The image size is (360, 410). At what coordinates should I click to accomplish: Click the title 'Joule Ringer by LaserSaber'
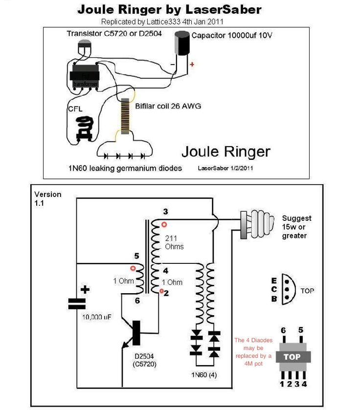pos(169,9)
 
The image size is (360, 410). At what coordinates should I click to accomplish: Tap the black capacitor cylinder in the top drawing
pos(183,43)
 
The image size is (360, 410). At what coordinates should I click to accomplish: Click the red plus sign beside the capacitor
pos(192,64)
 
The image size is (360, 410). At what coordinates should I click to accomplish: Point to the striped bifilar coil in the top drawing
pos(125,116)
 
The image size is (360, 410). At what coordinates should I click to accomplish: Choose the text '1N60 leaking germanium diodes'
pos(125,168)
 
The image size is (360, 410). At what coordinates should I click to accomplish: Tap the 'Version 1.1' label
pos(47,198)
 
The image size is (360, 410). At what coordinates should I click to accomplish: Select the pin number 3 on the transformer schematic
pos(165,212)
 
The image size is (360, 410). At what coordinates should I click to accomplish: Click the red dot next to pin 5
pos(133,268)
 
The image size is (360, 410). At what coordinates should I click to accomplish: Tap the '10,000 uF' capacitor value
pos(96,317)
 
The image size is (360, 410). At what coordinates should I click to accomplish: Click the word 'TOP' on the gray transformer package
pos(292,356)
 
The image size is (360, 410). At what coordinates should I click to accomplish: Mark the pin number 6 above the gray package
pos(283,330)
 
